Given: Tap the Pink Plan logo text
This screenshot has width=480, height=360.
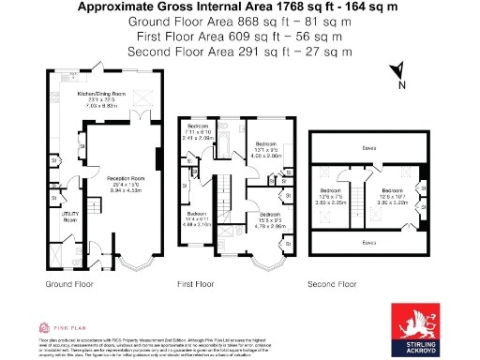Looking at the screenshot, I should click(67, 327).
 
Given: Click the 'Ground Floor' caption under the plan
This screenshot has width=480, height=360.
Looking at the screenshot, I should click(68, 282).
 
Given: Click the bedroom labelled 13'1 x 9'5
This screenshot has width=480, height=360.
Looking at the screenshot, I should click(268, 149).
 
